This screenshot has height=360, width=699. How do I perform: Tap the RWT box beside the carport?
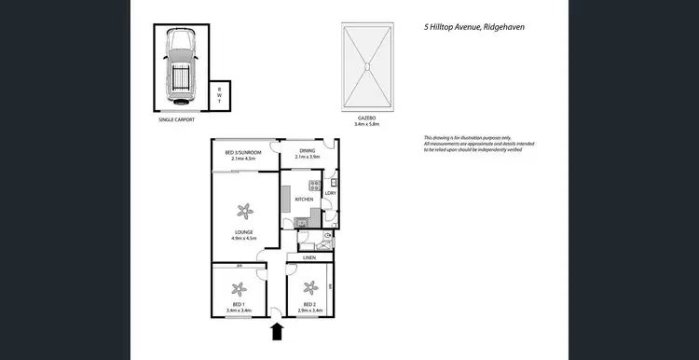point(219,94)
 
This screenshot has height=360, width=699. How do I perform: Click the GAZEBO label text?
point(367,118)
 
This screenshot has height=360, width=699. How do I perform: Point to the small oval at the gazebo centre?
point(367,65)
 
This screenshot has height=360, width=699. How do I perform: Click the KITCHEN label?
point(304,200)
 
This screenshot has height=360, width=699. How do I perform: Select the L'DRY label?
point(329,193)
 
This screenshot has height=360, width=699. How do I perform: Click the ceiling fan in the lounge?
point(243,210)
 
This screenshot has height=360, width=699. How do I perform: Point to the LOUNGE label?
point(243,234)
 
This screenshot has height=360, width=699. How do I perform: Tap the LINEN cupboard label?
point(309,257)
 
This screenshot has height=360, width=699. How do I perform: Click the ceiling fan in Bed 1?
point(240,287)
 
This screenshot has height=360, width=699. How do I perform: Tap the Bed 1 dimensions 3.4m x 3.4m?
point(240,311)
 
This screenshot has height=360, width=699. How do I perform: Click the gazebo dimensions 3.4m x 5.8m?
point(367,123)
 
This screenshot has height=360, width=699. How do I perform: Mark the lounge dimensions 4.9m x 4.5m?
point(243,240)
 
